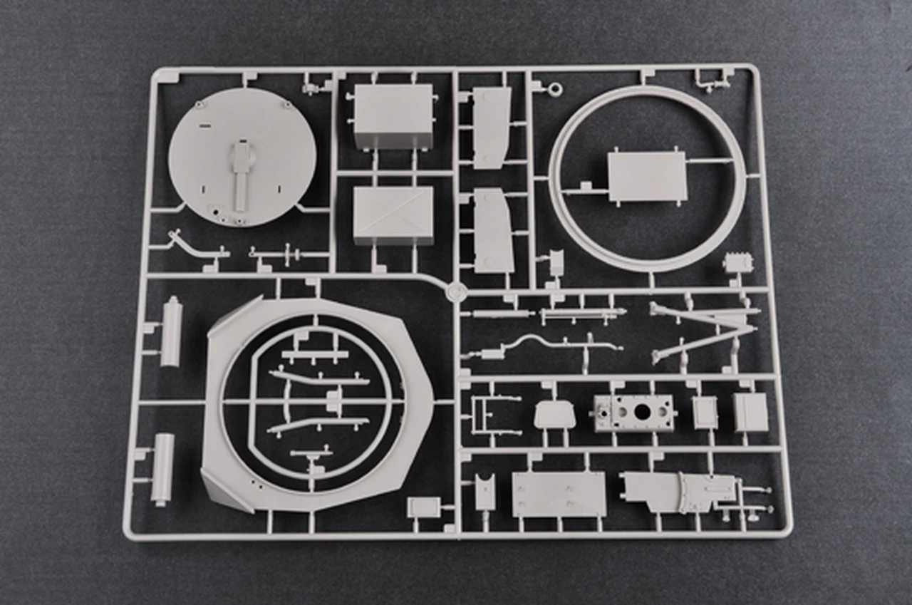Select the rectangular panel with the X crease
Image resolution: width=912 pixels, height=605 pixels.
click(x=393, y=214)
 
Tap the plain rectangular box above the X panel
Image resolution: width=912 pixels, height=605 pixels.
click(x=393, y=115)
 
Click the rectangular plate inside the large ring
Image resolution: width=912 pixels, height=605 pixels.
click(x=647, y=176)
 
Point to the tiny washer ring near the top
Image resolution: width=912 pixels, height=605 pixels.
click(x=556, y=89)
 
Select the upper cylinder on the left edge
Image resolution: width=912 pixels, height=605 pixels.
click(x=171, y=332)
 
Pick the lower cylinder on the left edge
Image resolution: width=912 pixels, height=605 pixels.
click(x=163, y=469)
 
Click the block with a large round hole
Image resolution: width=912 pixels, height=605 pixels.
click(x=634, y=413)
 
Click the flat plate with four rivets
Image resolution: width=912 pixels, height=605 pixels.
click(x=559, y=494)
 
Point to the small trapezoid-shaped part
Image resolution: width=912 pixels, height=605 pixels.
click(x=554, y=414)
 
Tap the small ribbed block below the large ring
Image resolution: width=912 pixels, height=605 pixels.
click(x=737, y=262)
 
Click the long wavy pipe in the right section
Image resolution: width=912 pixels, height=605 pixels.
click(x=549, y=346)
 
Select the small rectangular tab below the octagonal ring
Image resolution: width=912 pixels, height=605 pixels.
click(x=423, y=507)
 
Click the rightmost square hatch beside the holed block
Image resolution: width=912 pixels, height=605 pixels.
click(x=751, y=412)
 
